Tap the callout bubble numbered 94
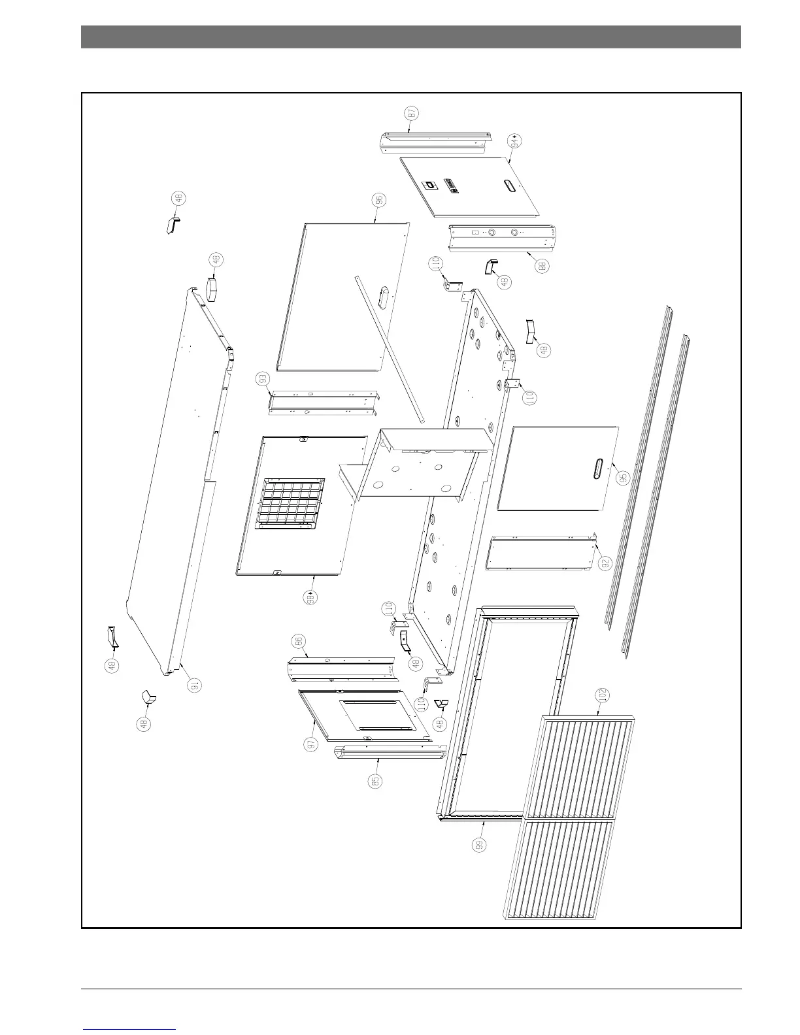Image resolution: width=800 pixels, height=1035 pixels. pos(516,140)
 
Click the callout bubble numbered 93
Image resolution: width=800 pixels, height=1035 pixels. pos(263,379)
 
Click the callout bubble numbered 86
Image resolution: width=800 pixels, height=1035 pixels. pos(300,643)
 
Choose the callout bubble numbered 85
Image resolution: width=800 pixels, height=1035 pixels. pos(375,781)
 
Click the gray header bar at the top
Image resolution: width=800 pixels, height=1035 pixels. pos(410,37)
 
